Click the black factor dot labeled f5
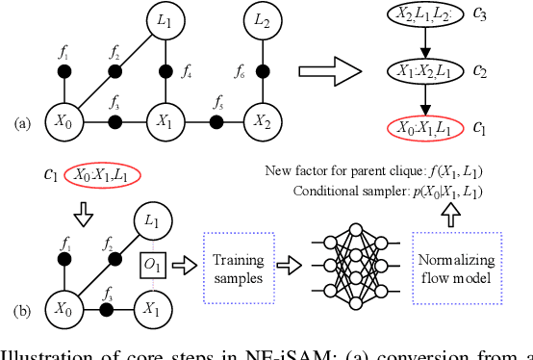(216, 121)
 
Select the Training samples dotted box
(239, 261)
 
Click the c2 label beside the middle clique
(480, 72)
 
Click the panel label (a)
(21, 123)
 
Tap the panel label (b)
(20, 310)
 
